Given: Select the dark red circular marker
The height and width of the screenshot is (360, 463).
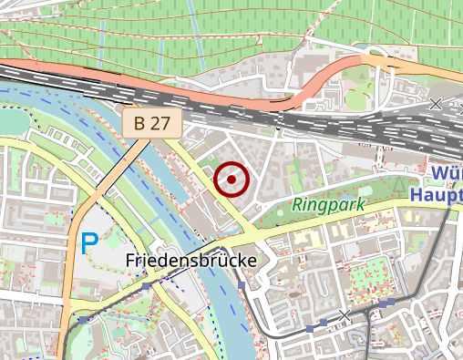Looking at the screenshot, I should (231, 180).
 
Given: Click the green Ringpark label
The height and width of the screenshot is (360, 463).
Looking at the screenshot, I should (328, 205).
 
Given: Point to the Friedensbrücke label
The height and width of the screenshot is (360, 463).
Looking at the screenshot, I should (190, 262).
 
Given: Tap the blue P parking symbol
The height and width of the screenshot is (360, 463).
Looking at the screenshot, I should (88, 243).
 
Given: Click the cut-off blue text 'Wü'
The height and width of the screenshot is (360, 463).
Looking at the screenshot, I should (447, 173).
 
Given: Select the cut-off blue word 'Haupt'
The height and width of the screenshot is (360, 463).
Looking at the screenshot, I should (437, 193).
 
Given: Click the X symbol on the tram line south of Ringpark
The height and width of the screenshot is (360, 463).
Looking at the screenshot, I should (344, 315).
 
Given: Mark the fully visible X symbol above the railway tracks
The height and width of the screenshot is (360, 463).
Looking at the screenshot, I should (436, 104).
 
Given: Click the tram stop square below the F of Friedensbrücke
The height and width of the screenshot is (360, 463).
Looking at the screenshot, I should (146, 286).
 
